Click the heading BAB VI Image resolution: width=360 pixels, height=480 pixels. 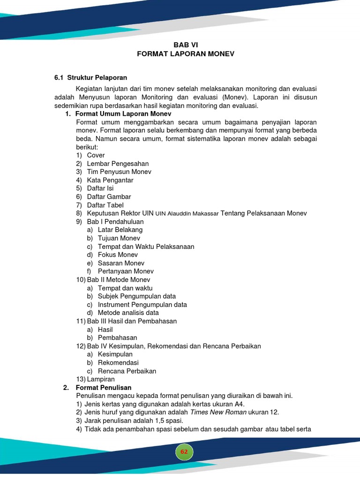point(185,45)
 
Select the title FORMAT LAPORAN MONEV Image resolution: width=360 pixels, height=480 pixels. point(185,54)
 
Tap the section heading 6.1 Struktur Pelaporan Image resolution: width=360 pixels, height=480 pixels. point(91,77)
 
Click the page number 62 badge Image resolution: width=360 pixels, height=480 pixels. point(184,451)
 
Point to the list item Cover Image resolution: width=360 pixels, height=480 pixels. point(96,155)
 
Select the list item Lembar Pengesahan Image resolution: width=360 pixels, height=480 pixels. point(118,164)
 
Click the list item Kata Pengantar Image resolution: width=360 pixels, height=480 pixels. point(110,180)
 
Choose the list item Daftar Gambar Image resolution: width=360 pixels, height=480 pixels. point(109,197)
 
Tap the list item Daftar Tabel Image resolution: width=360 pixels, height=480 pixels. point(105,205)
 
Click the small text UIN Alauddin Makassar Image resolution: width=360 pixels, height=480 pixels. point(187,214)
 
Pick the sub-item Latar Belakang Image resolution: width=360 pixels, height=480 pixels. point(120,230)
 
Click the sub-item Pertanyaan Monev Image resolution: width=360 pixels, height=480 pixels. point(126,271)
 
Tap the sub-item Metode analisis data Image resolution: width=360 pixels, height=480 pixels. point(128,313)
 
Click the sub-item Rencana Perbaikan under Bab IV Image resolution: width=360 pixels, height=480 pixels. point(127,371)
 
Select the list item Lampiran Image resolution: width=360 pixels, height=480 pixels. point(101,379)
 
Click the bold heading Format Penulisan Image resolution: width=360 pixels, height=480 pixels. point(103,388)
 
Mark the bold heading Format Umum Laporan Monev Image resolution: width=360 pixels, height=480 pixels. point(123,114)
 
